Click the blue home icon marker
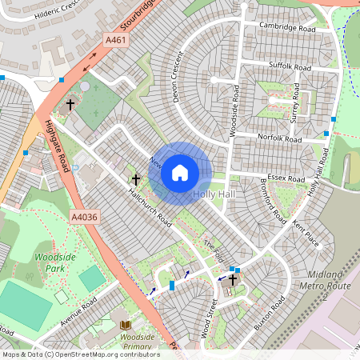click(180, 173)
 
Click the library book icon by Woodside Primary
click(125, 325)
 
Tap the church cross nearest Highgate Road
click(70, 104)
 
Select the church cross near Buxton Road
click(233, 279)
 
